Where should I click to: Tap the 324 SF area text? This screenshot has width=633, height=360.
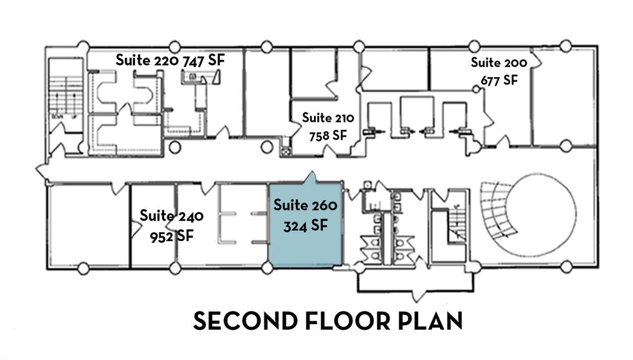pos(305,226)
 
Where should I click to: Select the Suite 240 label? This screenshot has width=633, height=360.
pos(171,215)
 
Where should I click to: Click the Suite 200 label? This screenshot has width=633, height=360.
pos(499,63)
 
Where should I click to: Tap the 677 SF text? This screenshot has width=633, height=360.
pos(499,80)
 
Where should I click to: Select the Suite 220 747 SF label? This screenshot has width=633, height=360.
pos(179,60)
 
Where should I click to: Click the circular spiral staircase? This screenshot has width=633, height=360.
pos(534,215)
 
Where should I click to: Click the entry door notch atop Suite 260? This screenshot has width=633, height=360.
pos(312,177)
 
